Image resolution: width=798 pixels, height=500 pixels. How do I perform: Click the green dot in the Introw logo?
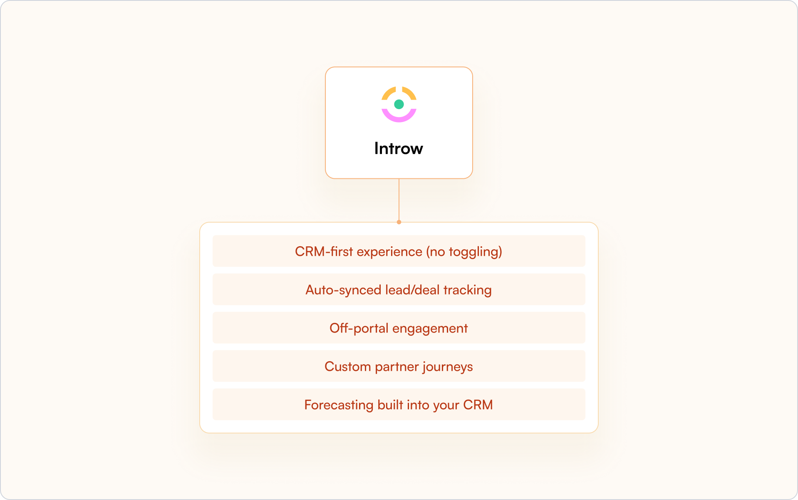tap(399, 104)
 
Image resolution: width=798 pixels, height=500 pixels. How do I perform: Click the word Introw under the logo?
tap(399, 148)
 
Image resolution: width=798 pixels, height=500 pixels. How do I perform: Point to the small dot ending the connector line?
tap(399, 222)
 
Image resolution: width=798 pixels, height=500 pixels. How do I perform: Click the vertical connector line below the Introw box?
tap(399, 200)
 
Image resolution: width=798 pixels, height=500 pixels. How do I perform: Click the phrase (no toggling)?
tap(464, 252)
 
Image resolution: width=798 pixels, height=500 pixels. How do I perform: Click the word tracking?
tap(467, 290)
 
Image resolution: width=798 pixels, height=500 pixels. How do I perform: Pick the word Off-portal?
tap(359, 328)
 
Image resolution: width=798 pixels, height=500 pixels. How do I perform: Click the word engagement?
tap(430, 329)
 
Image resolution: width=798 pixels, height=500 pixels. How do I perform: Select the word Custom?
tap(347, 367)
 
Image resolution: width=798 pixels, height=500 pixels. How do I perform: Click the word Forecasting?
tap(339, 405)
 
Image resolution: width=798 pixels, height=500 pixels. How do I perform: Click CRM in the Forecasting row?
tap(478, 405)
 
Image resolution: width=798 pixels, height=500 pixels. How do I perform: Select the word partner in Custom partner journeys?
tap(397, 367)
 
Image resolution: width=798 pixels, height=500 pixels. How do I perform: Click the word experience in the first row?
tap(389, 252)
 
